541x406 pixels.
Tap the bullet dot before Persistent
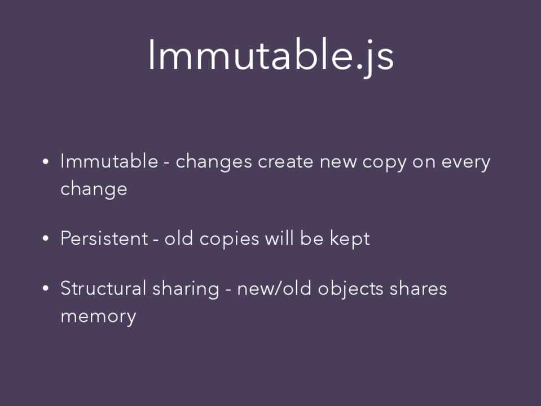(46, 239)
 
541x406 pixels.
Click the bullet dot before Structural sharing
(46, 288)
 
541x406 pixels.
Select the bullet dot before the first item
(46, 161)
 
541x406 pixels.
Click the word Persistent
(104, 238)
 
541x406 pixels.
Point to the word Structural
(103, 288)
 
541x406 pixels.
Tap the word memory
(98, 316)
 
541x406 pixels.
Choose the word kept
(350, 239)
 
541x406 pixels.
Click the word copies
(230, 239)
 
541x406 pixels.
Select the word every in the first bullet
(466, 162)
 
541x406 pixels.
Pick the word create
(285, 161)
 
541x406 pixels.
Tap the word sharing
(186, 289)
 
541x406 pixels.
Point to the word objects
(350, 289)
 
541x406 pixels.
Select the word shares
(418, 288)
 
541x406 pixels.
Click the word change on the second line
(94, 189)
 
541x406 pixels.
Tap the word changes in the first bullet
(214, 162)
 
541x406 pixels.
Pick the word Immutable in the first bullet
(109, 161)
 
